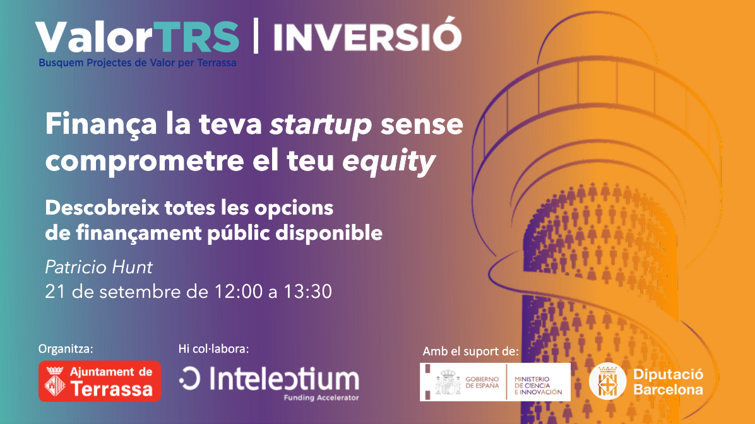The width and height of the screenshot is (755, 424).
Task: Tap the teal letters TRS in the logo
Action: click(x=197, y=37)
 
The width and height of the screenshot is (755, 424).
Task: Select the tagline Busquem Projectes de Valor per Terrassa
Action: click(x=137, y=62)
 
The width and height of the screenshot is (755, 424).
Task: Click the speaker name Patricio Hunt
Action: click(x=98, y=267)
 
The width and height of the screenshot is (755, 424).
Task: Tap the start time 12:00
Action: click(x=239, y=291)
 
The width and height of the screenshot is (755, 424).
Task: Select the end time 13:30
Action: click(x=307, y=291)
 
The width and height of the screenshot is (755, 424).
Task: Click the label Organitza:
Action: click(x=66, y=349)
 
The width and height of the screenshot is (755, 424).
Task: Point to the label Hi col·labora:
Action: click(x=213, y=348)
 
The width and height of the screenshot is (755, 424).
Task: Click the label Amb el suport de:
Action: click(x=470, y=351)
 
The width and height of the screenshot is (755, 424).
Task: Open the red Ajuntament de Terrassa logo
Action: click(x=100, y=381)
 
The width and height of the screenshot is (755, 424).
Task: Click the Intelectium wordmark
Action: click(x=269, y=380)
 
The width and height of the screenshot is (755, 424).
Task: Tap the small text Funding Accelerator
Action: click(x=321, y=397)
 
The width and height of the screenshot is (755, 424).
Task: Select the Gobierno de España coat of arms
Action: click(x=448, y=382)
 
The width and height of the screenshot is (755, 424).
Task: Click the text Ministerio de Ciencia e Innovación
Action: click(x=538, y=386)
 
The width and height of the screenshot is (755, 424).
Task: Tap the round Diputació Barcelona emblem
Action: click(x=607, y=381)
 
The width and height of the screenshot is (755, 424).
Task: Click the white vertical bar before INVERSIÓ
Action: click(x=256, y=35)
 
